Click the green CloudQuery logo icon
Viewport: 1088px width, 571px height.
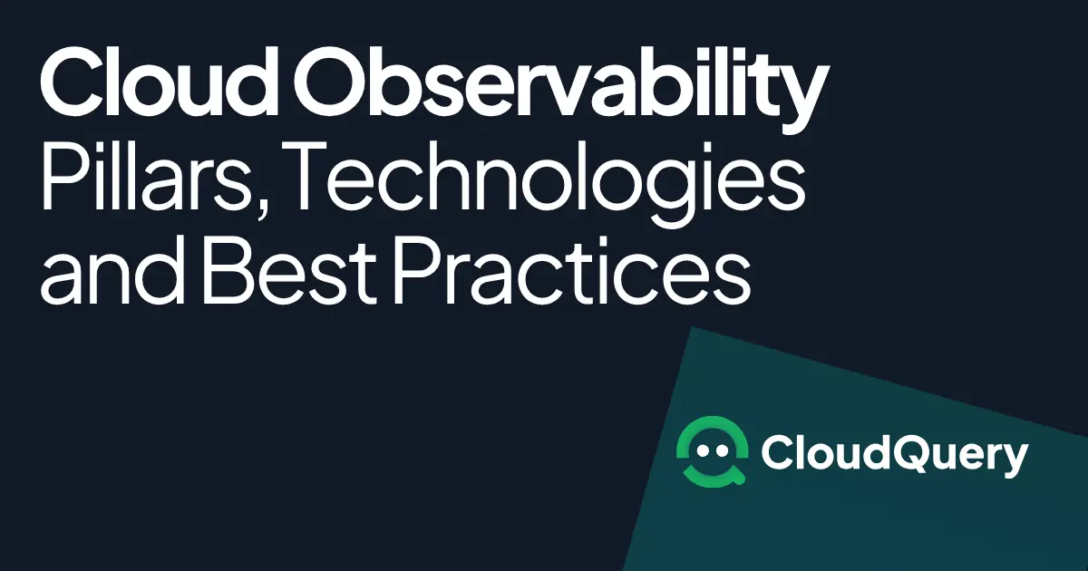pyautogui.click(x=713, y=450)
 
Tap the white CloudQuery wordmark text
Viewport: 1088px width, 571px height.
pyautogui.click(x=894, y=453)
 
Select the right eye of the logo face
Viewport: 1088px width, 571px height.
pyautogui.click(x=723, y=448)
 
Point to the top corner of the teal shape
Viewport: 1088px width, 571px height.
pyautogui.click(x=692, y=327)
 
